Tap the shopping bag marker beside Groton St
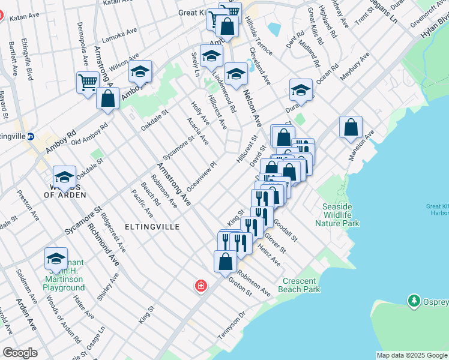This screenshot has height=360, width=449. coord(225,262)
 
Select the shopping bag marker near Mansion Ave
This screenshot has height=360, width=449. coord(351,128)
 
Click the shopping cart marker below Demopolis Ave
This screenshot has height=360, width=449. coord(88,82)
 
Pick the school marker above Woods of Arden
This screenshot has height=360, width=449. coord(64,176)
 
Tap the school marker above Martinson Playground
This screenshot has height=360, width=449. coord(56,259)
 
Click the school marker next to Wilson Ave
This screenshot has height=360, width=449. coord(140,72)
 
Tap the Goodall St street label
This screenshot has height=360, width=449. coord(285,230)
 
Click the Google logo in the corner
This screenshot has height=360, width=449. coord(20,353)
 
